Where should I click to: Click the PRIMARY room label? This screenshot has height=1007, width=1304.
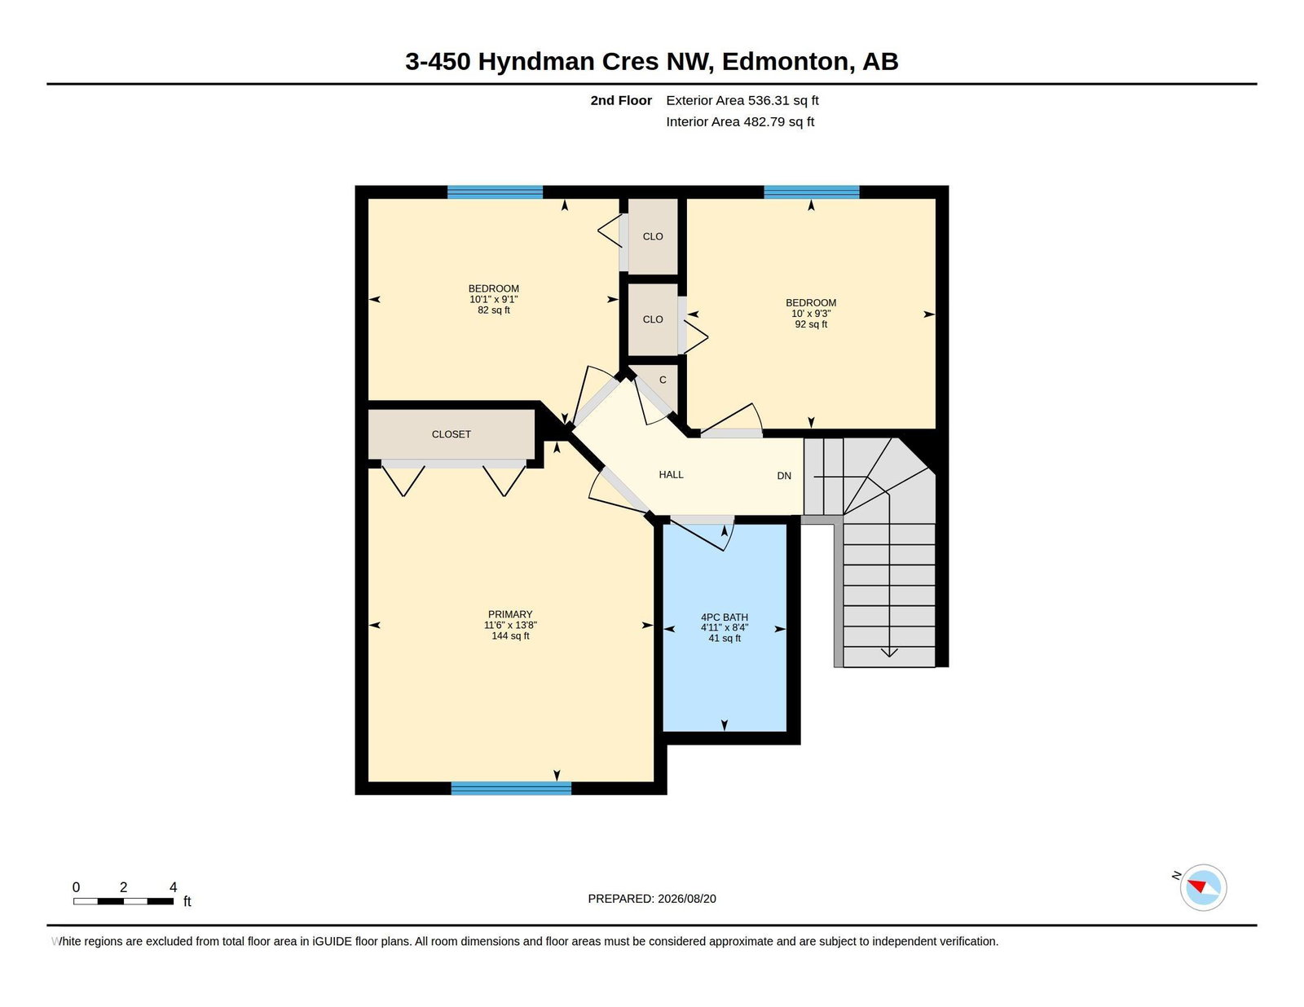point(510,614)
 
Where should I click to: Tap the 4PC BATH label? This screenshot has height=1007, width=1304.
point(725,618)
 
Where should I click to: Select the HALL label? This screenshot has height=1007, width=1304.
point(671,474)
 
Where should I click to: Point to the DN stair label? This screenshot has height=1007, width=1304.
point(784,476)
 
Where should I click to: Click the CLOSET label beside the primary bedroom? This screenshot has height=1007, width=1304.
point(452,434)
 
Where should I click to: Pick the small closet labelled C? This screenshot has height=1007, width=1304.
point(663,380)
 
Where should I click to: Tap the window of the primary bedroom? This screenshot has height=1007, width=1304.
point(511,788)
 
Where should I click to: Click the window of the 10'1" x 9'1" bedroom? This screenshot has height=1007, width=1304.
point(495,192)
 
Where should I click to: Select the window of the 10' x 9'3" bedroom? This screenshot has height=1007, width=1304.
point(811,192)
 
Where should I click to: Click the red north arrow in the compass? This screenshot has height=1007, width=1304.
point(1198,886)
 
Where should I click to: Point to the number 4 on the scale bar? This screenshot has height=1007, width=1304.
point(174,887)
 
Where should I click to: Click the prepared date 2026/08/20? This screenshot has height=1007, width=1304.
point(686,899)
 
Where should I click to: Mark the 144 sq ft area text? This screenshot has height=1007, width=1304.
point(510,635)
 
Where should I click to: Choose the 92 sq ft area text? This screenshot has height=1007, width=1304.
point(811,324)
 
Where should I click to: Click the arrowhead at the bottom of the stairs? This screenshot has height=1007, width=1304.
point(888,653)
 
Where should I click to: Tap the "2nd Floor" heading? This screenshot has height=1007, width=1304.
point(620,100)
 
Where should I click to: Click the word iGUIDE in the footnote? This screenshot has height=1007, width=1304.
point(332,941)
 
